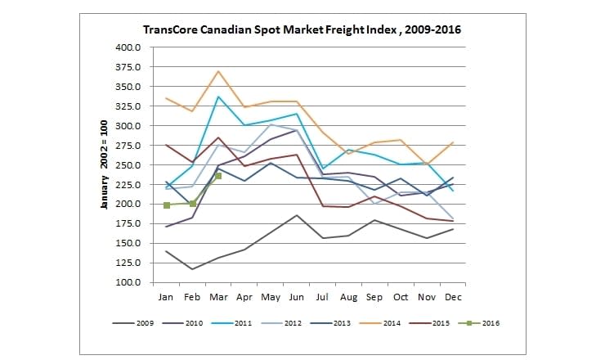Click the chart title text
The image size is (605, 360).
tap(302, 29)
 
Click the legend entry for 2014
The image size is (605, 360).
tap(379, 322)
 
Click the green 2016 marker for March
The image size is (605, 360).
tap(218, 176)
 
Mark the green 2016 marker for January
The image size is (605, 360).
tap(166, 205)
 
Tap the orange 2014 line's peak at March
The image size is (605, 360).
tap(218, 71)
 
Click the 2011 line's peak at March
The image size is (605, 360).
tap(218, 97)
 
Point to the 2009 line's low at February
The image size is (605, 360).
tap(192, 269)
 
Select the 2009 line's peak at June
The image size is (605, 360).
tap(296, 215)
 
